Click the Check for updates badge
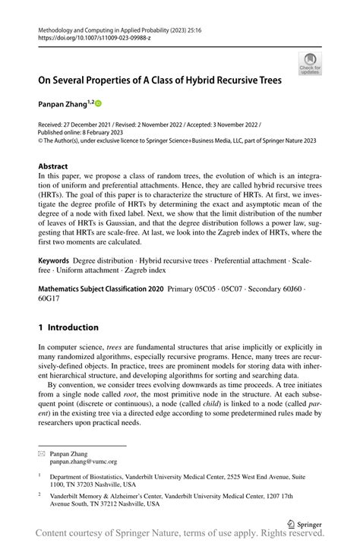pyautogui.click(x=309, y=63)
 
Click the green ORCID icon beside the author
pyautogui.click(x=98, y=103)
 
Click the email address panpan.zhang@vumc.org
pyautogui.click(x=90, y=460)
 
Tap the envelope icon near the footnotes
pyautogui.click(x=42, y=453)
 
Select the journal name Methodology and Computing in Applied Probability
pyautogui.click(x=113, y=27)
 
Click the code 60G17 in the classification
pyautogui.click(x=52, y=298)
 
